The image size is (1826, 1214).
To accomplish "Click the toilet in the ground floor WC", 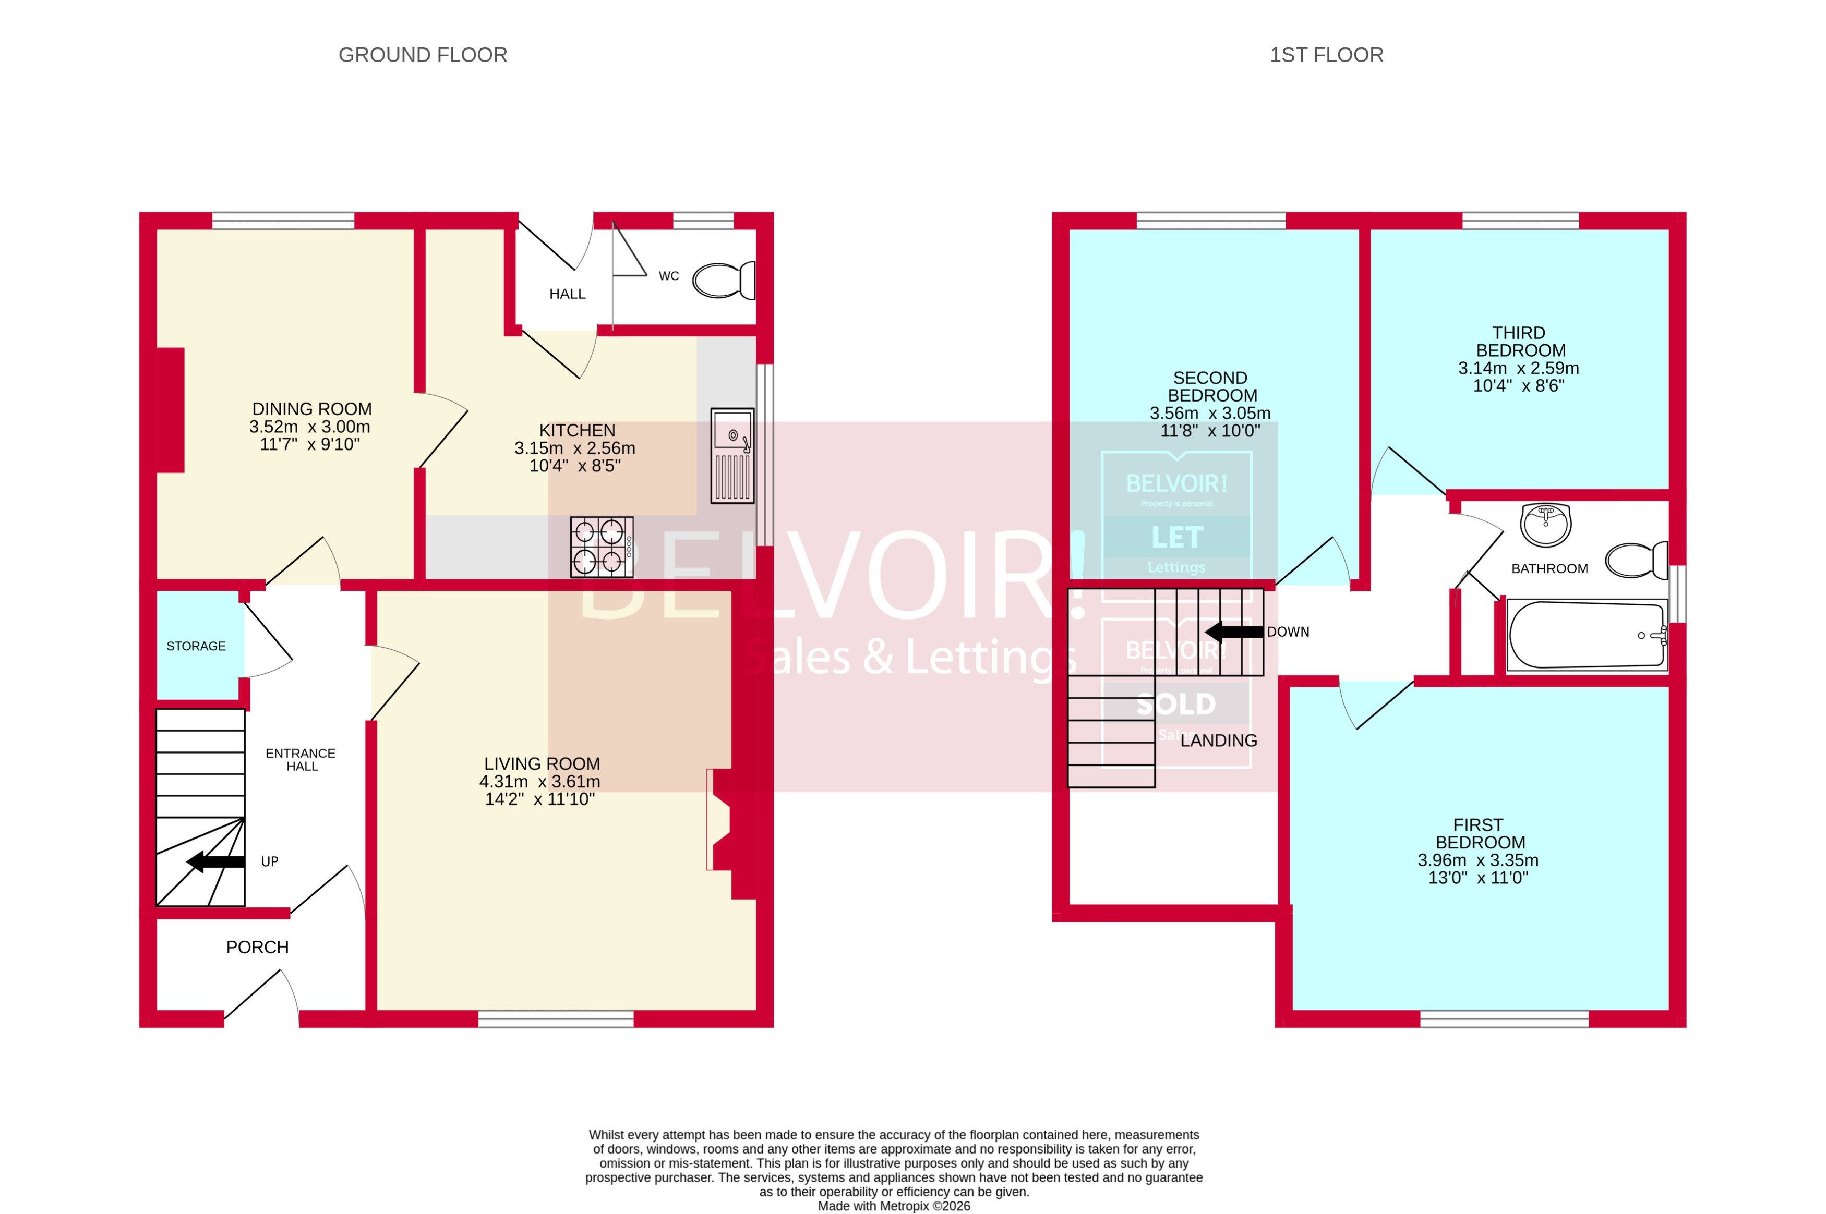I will coord(723,280).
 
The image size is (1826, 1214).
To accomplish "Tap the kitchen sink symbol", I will coord(732,456).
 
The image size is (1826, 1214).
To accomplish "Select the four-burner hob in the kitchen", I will coord(602,547).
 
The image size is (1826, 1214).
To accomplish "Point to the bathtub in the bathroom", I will coord(1587,635).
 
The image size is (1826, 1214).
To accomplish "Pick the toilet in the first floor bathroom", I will coord(1636,561).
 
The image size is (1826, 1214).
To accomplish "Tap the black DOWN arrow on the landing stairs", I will coord(1234,632).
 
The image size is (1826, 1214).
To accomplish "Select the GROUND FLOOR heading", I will coord(423,55).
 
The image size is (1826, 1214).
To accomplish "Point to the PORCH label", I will coord(257,947).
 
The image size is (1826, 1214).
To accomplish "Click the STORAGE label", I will coord(196,646).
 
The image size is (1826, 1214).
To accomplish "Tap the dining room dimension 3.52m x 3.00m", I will coord(310,427).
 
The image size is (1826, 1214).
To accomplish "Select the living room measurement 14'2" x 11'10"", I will coord(540,799).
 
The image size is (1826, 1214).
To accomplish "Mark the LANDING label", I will coord(1218,740).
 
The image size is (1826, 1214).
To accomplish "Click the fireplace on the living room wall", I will coord(720,819).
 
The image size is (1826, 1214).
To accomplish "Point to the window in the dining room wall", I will coord(283,221).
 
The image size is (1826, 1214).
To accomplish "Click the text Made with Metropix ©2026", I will coord(894,1206).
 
